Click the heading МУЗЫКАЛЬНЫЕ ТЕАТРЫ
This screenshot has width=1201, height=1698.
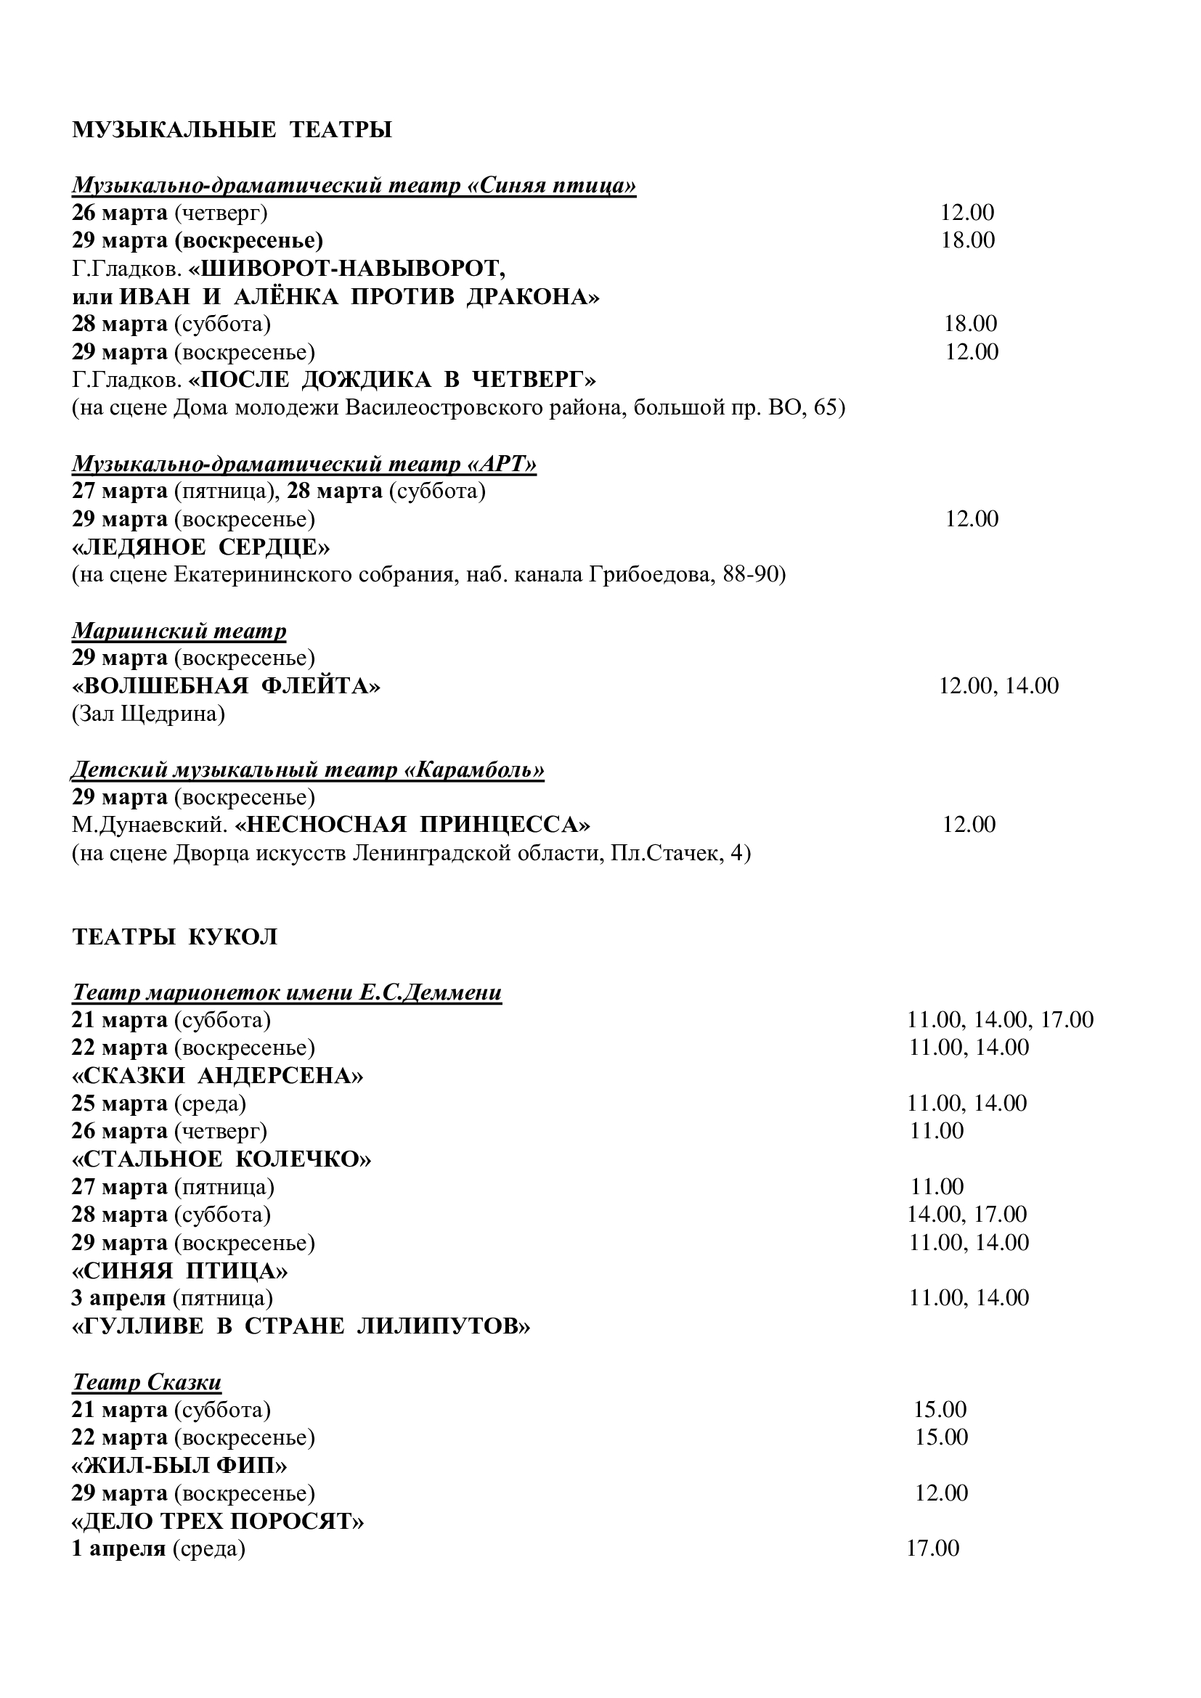coord(232,129)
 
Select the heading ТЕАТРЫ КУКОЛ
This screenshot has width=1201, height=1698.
coord(174,936)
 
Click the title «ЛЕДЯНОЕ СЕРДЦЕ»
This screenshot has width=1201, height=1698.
coord(201,547)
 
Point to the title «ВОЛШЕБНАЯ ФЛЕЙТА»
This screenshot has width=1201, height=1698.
coord(227,685)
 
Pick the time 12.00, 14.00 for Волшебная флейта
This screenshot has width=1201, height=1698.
coord(998,685)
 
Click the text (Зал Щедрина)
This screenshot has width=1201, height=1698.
coord(148,714)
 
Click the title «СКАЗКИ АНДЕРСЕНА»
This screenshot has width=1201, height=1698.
coord(217,1075)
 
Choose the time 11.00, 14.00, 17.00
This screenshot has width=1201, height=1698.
coord(1000,1020)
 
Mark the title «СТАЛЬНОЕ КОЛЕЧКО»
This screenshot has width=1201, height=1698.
coord(221,1159)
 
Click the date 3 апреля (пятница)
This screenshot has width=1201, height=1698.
coord(171,1298)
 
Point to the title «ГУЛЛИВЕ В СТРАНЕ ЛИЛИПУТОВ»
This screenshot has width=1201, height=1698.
coord(301,1326)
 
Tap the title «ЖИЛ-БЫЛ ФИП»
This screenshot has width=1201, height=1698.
coord(179,1465)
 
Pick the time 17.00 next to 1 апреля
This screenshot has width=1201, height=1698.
coord(932,1548)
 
